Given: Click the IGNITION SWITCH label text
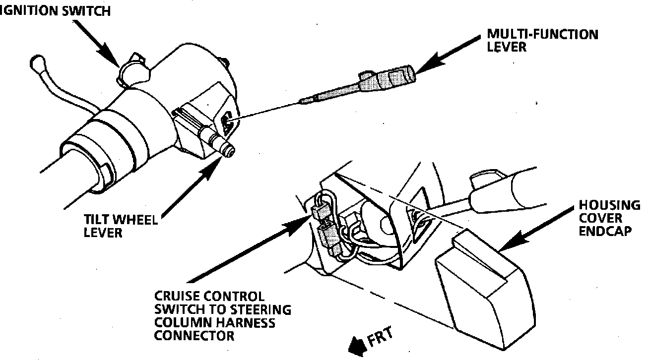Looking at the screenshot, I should coord(55,11).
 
